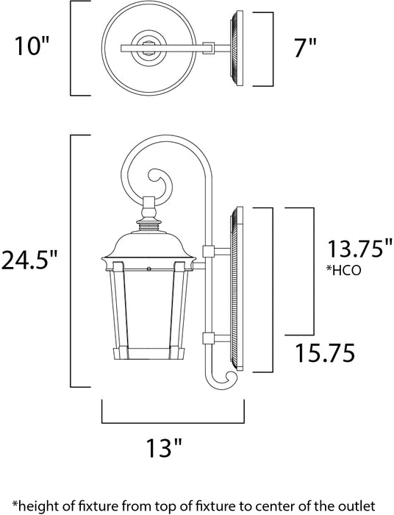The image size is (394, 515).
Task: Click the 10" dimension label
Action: coord(32,48)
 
